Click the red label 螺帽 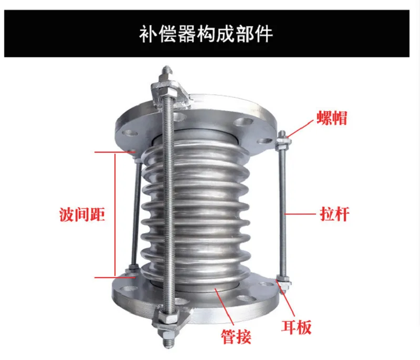(x=332, y=118)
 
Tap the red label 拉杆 (x=334, y=214)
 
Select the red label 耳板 (x=296, y=326)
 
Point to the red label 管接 (x=236, y=336)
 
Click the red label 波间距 (x=82, y=215)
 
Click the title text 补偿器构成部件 (x=206, y=34)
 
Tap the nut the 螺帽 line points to (x=282, y=143)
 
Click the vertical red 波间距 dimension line (x=115, y=215)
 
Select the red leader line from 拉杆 (x=300, y=214)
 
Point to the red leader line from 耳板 (x=286, y=299)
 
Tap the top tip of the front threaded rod (x=166, y=67)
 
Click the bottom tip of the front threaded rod (x=167, y=347)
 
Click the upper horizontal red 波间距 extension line (x=115, y=152)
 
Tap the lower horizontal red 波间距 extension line (x=115, y=277)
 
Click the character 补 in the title (x=149, y=34)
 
